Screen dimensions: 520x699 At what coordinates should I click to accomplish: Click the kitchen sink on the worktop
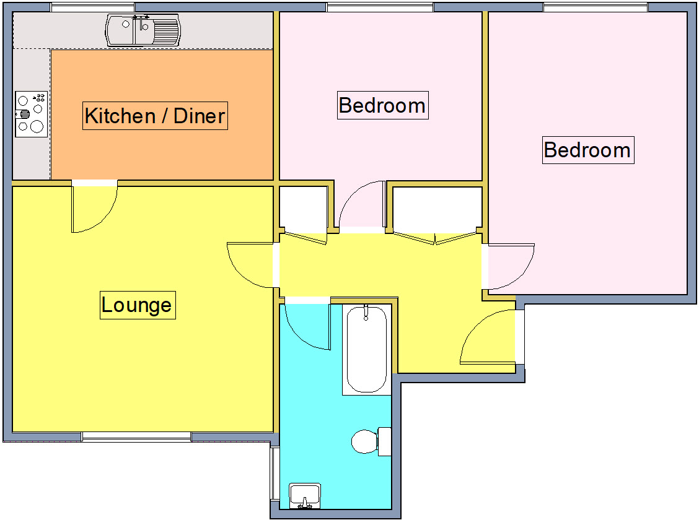(x=144, y=30)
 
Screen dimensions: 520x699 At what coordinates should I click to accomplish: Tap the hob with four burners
(x=31, y=114)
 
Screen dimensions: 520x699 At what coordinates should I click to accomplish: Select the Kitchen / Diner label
(x=155, y=116)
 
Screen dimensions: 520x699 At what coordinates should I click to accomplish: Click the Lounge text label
(x=137, y=305)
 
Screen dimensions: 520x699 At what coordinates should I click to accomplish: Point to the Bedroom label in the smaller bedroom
(x=382, y=105)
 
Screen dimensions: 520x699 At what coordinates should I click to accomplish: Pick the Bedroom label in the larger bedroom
(x=587, y=150)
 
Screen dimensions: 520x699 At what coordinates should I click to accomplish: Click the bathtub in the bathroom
(x=366, y=350)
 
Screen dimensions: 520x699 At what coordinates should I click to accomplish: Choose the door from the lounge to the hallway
(x=251, y=265)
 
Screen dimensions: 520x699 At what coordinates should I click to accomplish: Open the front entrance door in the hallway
(x=488, y=337)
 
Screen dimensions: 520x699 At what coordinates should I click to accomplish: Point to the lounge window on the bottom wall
(x=136, y=437)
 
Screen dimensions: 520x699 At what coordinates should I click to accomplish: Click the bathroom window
(x=273, y=474)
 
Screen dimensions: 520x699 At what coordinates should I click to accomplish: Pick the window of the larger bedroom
(x=596, y=7)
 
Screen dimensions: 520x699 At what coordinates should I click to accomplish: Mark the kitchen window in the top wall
(x=93, y=7)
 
